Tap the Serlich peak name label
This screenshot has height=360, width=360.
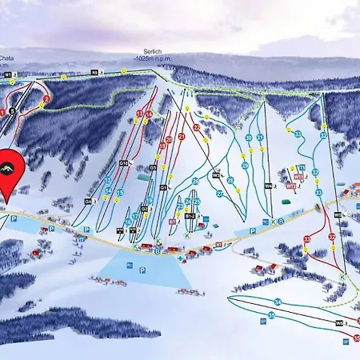147,50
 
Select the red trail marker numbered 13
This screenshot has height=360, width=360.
139,114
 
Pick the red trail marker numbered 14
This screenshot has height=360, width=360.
150,114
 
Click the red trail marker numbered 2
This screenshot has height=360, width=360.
46,99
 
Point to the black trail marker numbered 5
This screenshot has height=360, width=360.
12,110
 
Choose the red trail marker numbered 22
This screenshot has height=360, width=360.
196,127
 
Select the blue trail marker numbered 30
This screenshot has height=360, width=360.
248,138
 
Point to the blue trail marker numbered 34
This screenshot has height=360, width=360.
278,302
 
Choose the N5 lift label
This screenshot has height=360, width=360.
94,72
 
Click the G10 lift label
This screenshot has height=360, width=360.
123,163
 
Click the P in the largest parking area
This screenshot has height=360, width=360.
142,270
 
